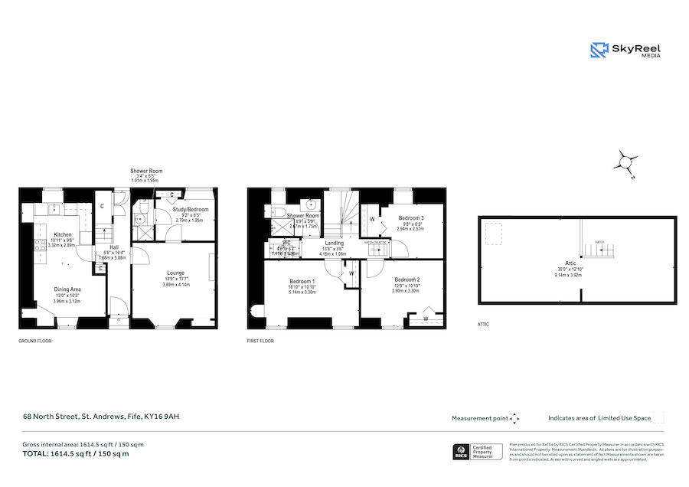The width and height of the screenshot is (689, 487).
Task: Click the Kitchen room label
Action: tap(63, 234)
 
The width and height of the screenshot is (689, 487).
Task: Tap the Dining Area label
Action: tap(67, 289)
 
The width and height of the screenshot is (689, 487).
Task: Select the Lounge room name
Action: tap(176, 272)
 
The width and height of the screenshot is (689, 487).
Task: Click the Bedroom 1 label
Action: tap(302, 279)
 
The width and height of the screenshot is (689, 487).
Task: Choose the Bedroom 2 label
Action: tap(407, 279)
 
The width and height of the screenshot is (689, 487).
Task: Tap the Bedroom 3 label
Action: tap(411, 218)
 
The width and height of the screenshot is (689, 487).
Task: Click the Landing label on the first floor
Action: tap(333, 243)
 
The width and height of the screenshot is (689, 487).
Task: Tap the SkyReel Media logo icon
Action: tap(598, 50)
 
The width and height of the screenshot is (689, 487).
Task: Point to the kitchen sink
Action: tap(54, 208)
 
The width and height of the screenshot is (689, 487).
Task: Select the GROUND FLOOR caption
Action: tap(34, 340)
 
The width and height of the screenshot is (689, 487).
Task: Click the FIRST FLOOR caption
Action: tap(260, 340)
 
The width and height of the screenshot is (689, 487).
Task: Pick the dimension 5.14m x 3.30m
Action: tap(302, 292)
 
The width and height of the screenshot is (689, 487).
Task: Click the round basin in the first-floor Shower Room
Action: tap(311, 205)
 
